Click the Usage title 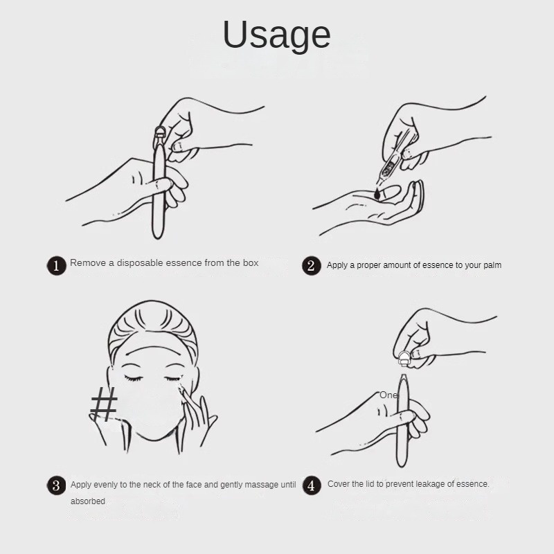(x=276, y=35)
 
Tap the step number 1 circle (x=57, y=266)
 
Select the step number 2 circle (x=311, y=266)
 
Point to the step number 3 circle (x=57, y=485)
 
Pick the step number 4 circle (x=312, y=485)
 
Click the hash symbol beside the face (x=103, y=404)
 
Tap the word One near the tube (x=388, y=395)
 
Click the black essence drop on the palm (x=377, y=194)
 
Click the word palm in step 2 (x=492, y=265)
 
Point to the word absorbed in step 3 (x=88, y=501)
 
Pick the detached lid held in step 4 (x=404, y=358)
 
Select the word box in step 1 (x=251, y=263)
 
